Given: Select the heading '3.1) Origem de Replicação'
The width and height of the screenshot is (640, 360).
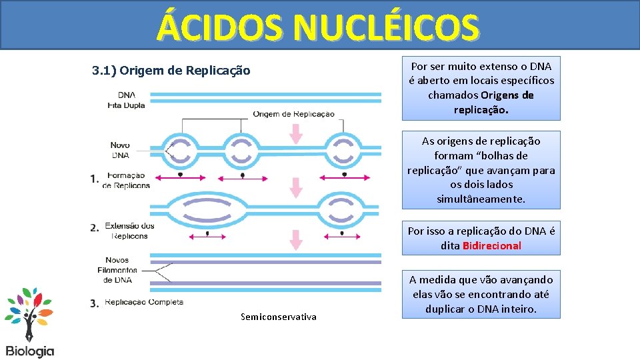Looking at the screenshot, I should [x=171, y=70].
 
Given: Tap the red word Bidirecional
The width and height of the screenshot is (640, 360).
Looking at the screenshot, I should [x=491, y=245].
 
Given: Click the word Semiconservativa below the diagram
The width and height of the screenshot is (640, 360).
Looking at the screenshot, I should [x=278, y=317].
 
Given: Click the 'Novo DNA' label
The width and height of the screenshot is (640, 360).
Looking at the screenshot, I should [x=120, y=150].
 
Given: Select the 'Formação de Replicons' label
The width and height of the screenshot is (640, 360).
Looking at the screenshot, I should [x=127, y=180].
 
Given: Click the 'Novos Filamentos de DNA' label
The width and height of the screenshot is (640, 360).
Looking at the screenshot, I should [x=121, y=270].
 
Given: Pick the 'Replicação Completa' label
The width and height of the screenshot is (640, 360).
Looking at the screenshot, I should [x=143, y=302].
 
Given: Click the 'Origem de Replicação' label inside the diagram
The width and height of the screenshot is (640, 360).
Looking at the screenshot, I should [x=293, y=114].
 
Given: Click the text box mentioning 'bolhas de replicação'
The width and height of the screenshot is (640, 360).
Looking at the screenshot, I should [x=481, y=170].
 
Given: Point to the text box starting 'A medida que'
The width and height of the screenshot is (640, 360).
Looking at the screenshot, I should [x=481, y=294].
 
